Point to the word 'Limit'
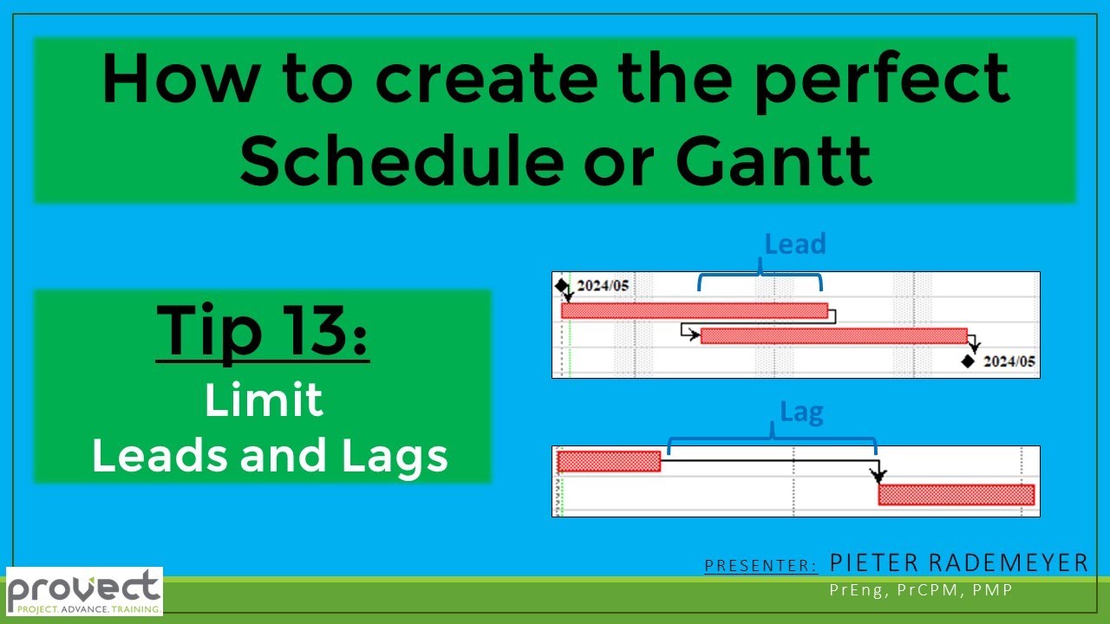pos(264,400)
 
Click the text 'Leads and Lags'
pos(270,455)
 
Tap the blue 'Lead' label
pos(794,244)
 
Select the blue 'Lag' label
pos(801,413)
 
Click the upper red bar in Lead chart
pos(694,310)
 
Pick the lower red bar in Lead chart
pos(832,336)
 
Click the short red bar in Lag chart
pos(609,461)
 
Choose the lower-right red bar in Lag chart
pos(956,495)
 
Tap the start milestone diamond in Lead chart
pos(561,285)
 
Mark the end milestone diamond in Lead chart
pos(969,361)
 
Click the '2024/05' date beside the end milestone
pos(1009,361)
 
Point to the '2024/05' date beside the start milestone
pos(603,286)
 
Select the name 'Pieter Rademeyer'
pos(958,563)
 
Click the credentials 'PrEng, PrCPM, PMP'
pos(921,590)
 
